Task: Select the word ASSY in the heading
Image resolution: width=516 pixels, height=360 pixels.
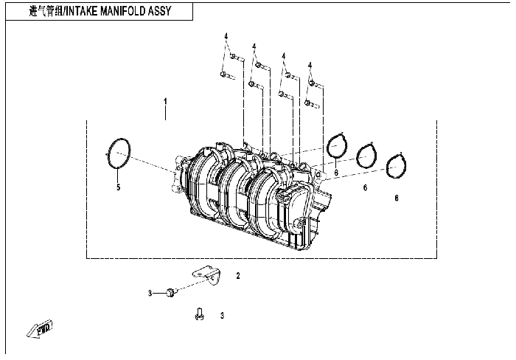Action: tap(160, 11)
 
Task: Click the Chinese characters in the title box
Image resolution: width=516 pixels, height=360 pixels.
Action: tap(46, 11)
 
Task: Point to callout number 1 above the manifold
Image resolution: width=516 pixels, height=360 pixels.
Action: tap(166, 101)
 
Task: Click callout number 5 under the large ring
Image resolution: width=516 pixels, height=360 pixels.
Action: tap(119, 187)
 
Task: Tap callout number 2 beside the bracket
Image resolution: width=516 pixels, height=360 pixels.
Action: tap(238, 276)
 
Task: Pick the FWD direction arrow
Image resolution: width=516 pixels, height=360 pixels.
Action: tap(40, 329)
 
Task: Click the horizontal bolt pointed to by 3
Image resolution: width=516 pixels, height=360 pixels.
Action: tap(172, 292)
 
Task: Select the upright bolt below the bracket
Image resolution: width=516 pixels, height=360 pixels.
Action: tap(199, 314)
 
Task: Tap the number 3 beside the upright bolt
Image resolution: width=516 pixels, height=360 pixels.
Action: tap(222, 316)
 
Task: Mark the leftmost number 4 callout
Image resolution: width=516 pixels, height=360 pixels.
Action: tap(226, 36)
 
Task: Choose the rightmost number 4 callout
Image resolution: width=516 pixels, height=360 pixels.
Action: tap(310, 66)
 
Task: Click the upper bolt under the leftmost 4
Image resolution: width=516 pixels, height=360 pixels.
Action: tap(237, 58)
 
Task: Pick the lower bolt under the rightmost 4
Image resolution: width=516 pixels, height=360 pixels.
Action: tap(312, 105)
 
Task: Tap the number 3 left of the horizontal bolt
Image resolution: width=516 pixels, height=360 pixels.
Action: tap(150, 293)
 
